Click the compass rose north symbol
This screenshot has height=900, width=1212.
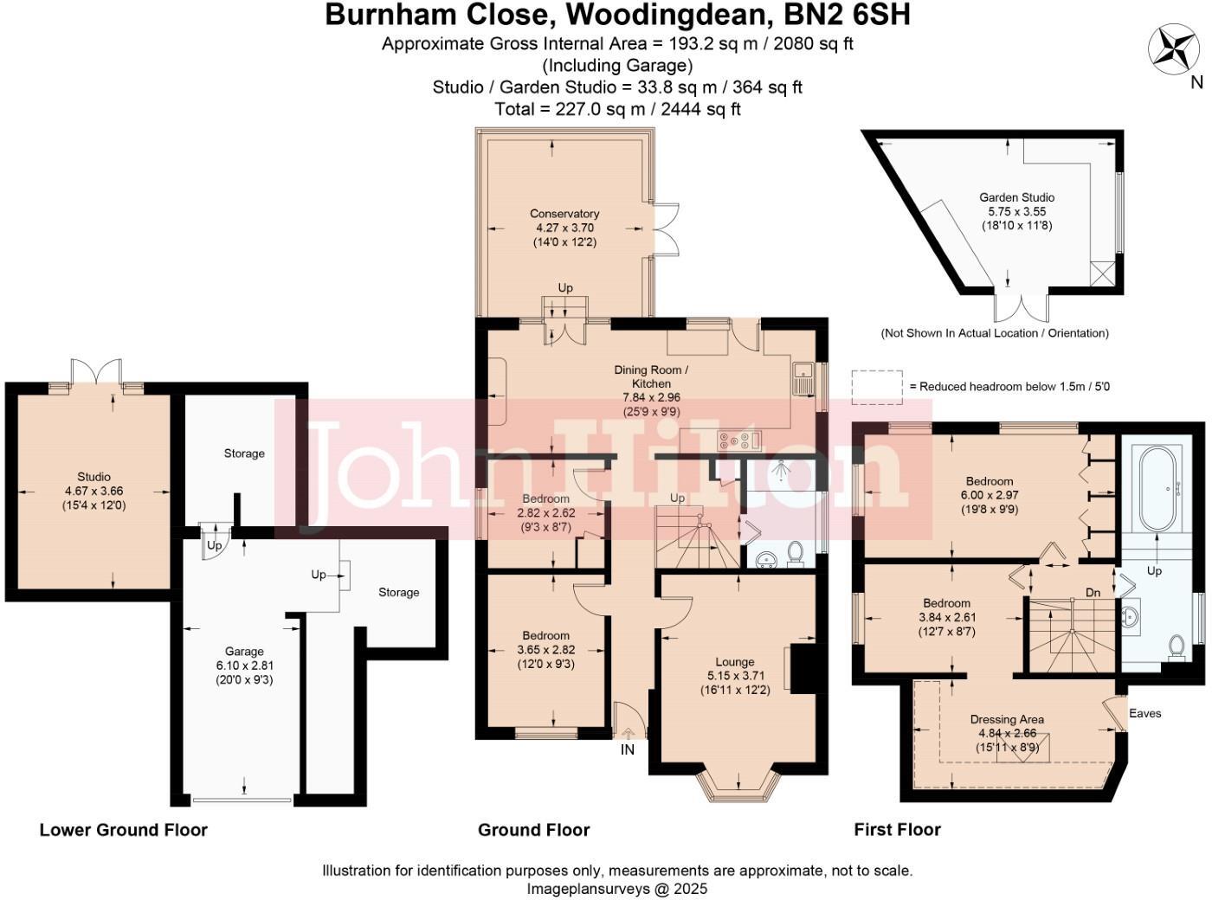(1173, 47)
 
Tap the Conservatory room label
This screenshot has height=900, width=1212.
(564, 214)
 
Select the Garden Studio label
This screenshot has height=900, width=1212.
(1016, 197)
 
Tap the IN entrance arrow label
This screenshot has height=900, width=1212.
(628, 749)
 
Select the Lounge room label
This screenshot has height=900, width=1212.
(734, 661)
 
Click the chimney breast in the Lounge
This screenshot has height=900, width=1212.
(804, 667)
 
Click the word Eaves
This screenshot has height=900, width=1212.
(1144, 713)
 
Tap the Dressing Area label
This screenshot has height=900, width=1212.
(1007, 719)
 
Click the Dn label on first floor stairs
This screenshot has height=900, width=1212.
(1093, 593)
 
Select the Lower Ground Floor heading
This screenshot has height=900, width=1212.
(124, 830)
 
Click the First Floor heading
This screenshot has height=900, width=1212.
(897, 830)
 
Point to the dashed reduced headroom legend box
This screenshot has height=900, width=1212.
(877, 387)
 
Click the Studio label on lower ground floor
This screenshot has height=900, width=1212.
(93, 477)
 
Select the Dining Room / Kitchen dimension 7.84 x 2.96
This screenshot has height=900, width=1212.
(651, 397)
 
